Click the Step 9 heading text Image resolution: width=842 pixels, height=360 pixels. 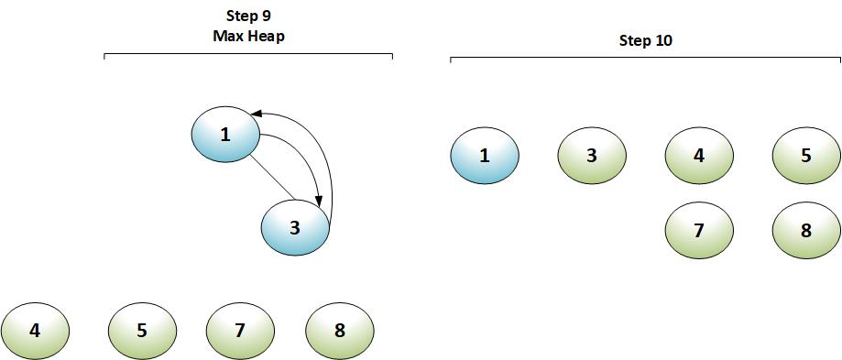[248, 16]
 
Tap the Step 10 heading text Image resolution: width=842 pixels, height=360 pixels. [647, 41]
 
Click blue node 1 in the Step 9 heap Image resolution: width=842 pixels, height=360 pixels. [225, 136]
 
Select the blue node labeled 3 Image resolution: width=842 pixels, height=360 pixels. [295, 228]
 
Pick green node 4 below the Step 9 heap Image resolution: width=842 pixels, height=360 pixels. [35, 330]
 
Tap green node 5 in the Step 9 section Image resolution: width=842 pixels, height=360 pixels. [142, 330]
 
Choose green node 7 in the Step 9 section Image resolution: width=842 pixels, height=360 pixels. [240, 330]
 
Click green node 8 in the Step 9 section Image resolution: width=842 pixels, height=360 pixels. [339, 330]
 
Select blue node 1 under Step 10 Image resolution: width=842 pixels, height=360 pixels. [485, 156]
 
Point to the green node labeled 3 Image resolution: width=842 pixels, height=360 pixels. [592, 156]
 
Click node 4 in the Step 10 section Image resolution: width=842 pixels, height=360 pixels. [699, 156]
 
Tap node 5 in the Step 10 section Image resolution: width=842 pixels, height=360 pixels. [806, 156]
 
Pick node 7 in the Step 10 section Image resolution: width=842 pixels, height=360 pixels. [699, 230]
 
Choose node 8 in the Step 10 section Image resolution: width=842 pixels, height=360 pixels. [806, 230]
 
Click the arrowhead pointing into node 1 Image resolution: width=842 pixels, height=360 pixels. [257, 114]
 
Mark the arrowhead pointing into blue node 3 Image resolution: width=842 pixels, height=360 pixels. [318, 201]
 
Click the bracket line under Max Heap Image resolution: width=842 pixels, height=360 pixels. [248, 55]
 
